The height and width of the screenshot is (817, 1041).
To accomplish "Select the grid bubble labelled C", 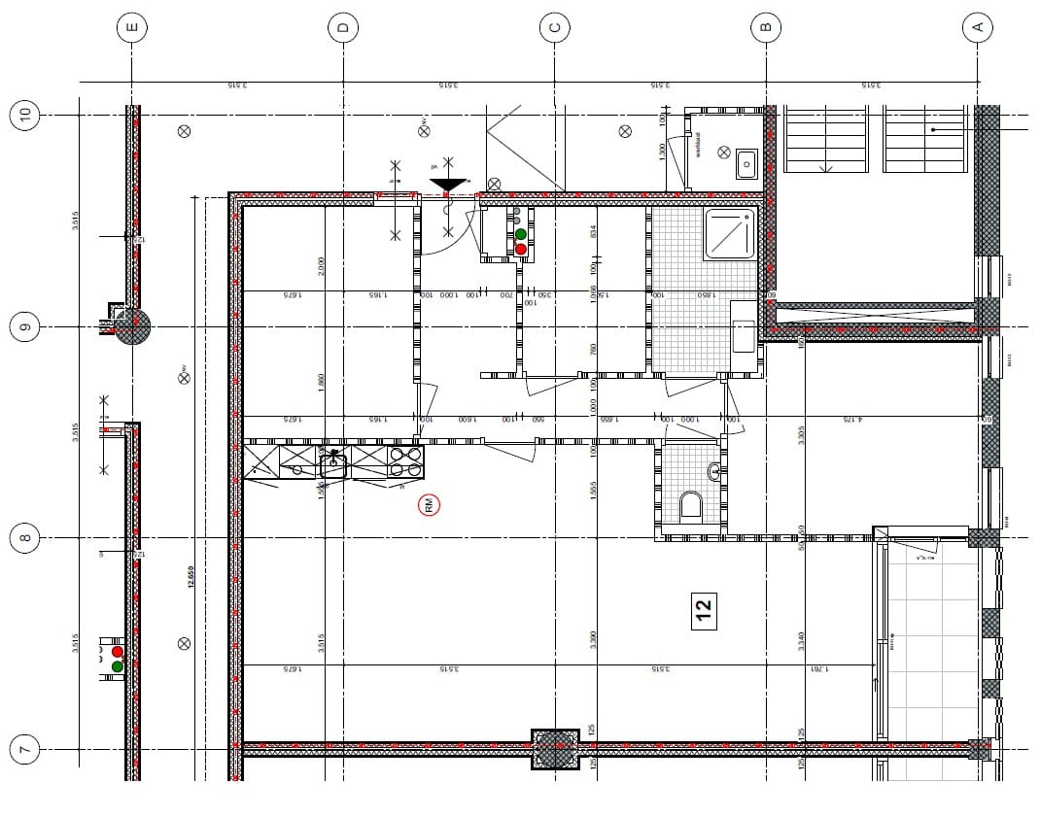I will pos(554,28).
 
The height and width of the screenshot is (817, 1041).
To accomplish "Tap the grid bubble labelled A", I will pos(977,28).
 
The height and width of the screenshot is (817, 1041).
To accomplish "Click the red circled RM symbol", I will pos(429,504).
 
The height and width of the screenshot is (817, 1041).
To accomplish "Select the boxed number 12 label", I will pos(704,609).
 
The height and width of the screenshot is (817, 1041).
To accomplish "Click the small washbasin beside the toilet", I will pos(715,472).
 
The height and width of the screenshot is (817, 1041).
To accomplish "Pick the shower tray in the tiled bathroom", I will pos(730,234).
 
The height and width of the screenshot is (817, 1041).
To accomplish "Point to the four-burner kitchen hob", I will pos(406,461).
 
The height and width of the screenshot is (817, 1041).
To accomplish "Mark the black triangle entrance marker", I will pos(448,185).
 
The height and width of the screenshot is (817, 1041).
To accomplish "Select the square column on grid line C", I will pos(555,748).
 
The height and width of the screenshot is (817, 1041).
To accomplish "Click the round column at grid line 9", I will pos(133,327).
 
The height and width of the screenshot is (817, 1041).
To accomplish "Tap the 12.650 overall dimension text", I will pos(191,578).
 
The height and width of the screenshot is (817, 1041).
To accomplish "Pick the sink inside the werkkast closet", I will pos(746,163).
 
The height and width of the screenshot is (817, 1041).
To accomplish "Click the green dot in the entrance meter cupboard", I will pos(521,234).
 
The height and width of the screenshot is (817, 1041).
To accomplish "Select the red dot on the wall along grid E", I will pos(118,651).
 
